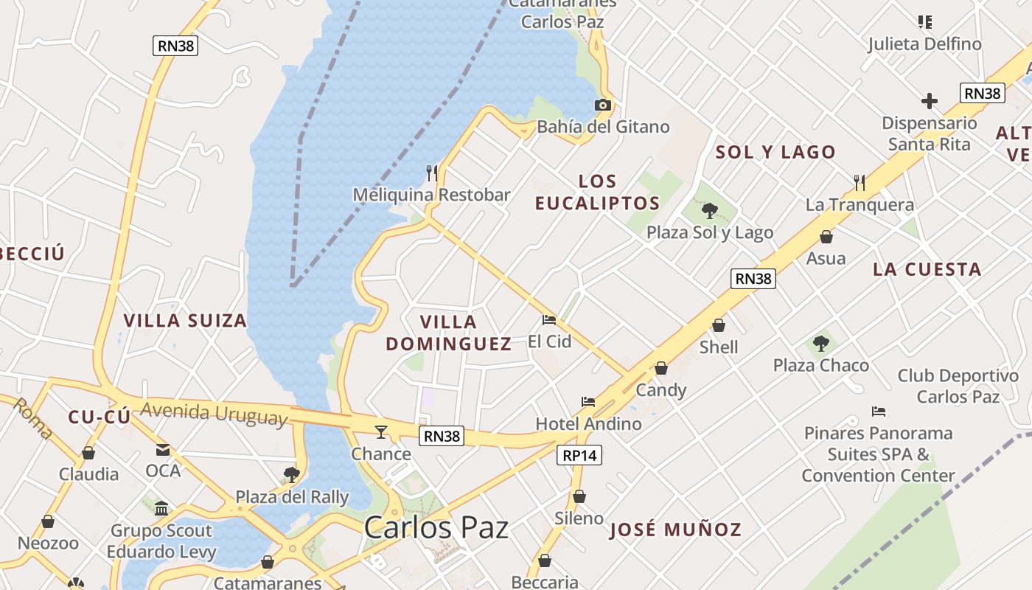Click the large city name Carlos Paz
[x=436, y=528]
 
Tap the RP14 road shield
[x=579, y=456]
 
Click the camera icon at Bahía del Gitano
[x=603, y=105]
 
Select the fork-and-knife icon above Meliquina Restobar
[x=432, y=173]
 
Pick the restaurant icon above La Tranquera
[x=859, y=182]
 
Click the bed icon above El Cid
[x=549, y=320]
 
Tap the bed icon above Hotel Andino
[x=588, y=402]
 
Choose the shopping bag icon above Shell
[x=719, y=325]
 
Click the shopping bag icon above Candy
[x=661, y=368]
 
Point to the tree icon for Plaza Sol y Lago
[x=709, y=212]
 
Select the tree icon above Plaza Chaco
[x=820, y=343]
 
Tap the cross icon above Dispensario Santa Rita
[x=930, y=101]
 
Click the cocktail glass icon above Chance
[x=381, y=431]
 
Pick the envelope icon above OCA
[x=163, y=450]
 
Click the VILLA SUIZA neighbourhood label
[x=185, y=321]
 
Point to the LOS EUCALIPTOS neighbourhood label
[x=597, y=192]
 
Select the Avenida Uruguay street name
[x=213, y=414]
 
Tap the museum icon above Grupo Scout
[x=161, y=508]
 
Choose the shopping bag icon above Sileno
[x=579, y=496]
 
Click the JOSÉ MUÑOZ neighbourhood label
[x=675, y=530]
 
